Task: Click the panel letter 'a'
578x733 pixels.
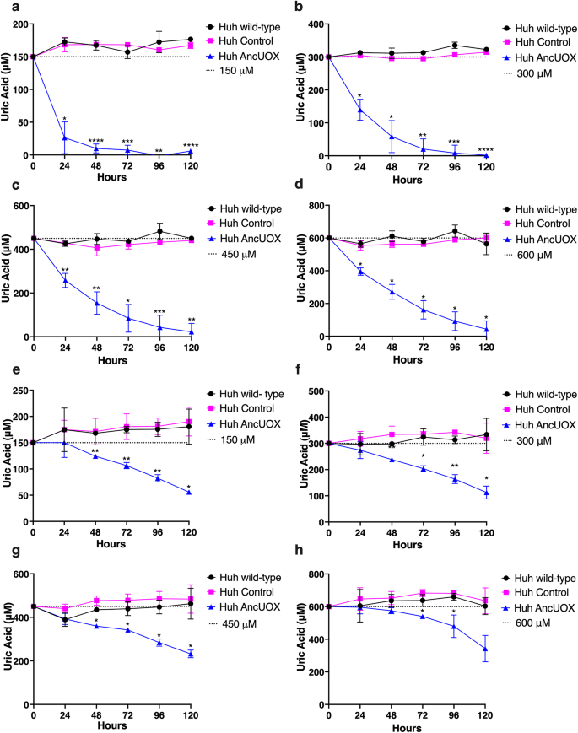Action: (6, 8)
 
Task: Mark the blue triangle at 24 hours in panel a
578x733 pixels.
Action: (64, 137)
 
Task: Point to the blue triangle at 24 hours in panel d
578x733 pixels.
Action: (360, 272)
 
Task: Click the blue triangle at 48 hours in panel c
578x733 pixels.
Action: (95, 303)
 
